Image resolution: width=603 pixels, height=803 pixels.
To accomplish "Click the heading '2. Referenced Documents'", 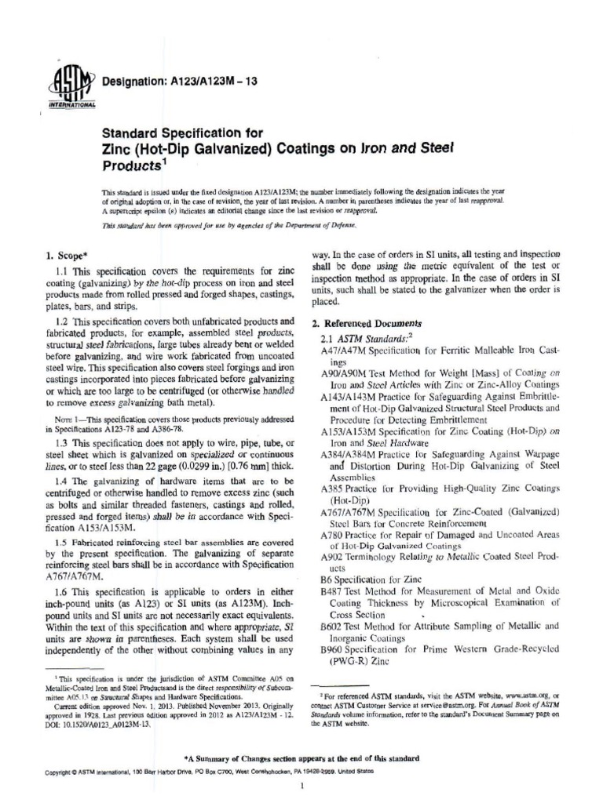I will click(372, 322).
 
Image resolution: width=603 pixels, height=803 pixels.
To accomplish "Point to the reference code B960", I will click(335, 650).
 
